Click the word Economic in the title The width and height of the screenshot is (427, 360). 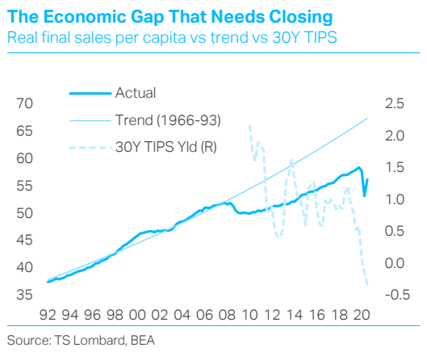click(x=85, y=17)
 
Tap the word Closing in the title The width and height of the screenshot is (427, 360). click(x=301, y=18)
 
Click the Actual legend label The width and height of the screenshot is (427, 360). click(x=136, y=93)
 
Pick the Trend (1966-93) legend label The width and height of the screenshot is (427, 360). click(x=168, y=120)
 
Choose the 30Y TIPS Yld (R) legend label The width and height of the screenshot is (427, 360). click(x=165, y=147)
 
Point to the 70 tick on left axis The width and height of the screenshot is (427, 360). click(x=24, y=104)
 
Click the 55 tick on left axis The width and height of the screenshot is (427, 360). click(x=24, y=186)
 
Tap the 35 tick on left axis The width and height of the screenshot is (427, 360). click(x=24, y=295)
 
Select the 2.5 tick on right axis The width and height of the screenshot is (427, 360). click(x=395, y=104)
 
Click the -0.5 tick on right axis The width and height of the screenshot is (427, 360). click(x=397, y=295)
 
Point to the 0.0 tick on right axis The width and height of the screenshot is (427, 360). click(x=395, y=263)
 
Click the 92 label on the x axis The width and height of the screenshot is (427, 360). click(x=48, y=315)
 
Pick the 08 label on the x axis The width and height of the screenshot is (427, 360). click(x=227, y=315)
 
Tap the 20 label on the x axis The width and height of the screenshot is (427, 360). click(x=362, y=315)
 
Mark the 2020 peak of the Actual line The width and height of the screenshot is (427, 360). click(x=359, y=167)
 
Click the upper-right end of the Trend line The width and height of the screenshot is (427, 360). click(x=367, y=118)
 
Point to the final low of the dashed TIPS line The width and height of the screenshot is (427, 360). click(x=367, y=285)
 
